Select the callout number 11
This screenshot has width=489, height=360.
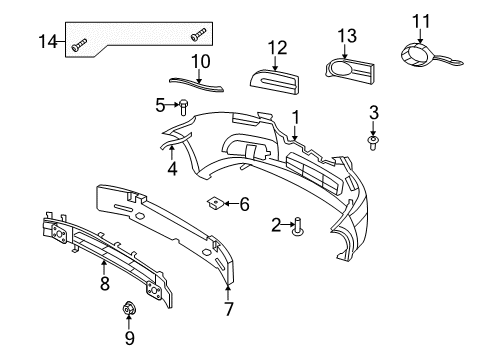420,19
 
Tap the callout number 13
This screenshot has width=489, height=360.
346,36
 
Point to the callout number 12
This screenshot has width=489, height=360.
276,46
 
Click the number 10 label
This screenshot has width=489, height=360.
200,62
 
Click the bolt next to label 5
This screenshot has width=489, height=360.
184,106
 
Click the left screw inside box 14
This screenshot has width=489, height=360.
80,42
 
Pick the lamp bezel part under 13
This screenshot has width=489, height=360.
350,69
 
